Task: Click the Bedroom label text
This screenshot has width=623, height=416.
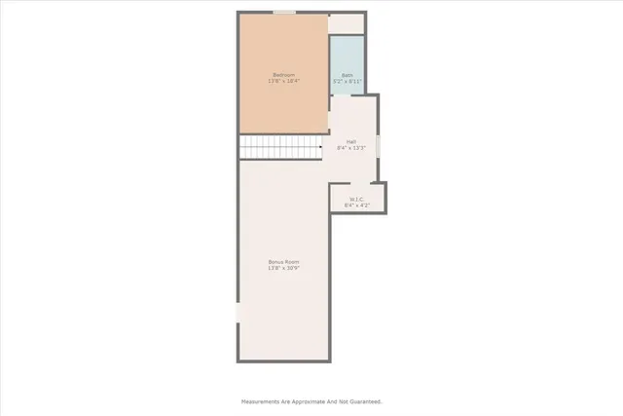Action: tap(283, 75)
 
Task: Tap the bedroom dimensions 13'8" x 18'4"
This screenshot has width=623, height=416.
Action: tap(283, 81)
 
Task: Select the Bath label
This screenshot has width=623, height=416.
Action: tap(347, 75)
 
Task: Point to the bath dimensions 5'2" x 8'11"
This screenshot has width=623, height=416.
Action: tap(347, 81)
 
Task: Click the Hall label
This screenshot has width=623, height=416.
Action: tap(350, 141)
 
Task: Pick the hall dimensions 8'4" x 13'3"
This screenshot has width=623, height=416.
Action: tap(350, 148)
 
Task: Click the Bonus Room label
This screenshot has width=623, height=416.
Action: tap(283, 262)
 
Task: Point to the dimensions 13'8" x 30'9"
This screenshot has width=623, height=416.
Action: tap(283, 268)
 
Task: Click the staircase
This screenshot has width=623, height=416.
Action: tap(280, 148)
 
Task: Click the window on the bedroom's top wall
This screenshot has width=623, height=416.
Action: tap(283, 13)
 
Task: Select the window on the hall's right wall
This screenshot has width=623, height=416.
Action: tap(378, 145)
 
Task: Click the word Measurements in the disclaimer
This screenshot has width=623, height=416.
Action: tap(261, 400)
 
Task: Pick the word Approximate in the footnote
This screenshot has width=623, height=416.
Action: tap(305, 400)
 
